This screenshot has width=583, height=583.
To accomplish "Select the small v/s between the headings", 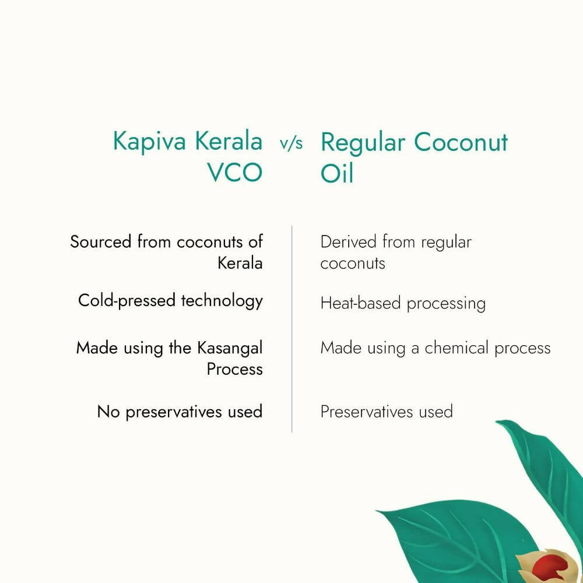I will (x=291, y=144).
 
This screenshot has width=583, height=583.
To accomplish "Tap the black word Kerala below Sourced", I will (x=240, y=263).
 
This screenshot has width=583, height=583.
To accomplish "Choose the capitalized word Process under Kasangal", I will (x=234, y=370).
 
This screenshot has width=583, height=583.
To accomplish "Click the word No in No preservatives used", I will (x=108, y=412).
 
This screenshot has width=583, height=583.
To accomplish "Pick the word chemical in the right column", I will (x=457, y=349).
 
